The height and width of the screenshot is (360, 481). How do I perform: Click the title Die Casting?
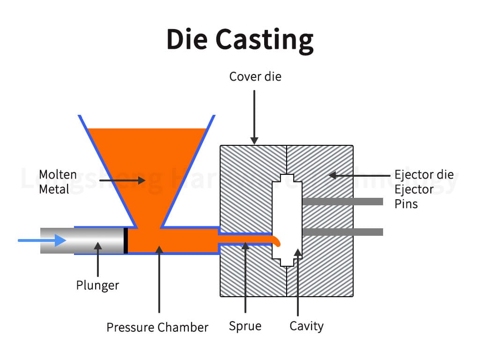click(240, 39)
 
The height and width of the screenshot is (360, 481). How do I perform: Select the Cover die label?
click(255, 76)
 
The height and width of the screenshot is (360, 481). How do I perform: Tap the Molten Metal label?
click(58, 181)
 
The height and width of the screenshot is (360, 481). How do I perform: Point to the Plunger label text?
click(97, 285)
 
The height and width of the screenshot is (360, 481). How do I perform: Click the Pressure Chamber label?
click(157, 327)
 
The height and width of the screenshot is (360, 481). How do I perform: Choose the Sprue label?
click(245, 326)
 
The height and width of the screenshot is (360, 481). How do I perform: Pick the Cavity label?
click(306, 326)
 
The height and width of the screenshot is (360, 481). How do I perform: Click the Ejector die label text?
click(424, 175)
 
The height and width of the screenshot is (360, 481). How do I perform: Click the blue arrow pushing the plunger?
click(42, 240)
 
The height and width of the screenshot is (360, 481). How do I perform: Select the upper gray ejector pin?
click(342, 202)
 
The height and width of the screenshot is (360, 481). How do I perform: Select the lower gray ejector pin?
click(342, 232)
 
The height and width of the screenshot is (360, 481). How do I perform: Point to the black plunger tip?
click(126, 240)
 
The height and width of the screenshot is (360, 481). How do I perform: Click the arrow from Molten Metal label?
click(122, 180)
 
